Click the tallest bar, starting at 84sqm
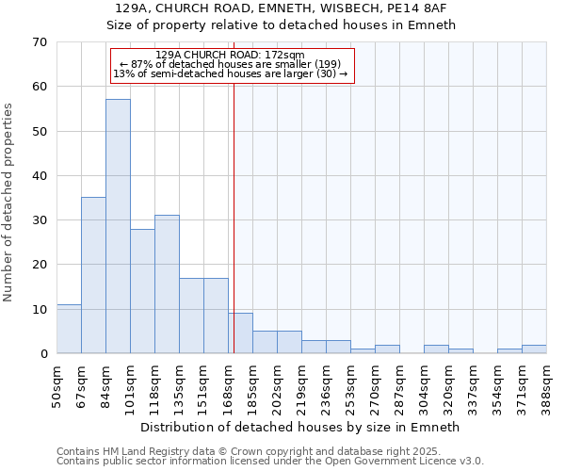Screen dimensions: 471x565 click(x=118, y=226)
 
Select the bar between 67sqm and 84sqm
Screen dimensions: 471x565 click(x=93, y=275)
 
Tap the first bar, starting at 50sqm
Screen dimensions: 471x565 click(x=69, y=329)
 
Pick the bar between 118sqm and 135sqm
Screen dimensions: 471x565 click(x=167, y=284)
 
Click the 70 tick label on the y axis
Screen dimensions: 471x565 click(x=40, y=42)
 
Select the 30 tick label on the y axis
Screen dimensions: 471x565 click(x=40, y=220)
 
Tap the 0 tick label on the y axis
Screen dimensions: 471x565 click(x=43, y=354)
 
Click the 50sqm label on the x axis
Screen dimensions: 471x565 click(x=57, y=383)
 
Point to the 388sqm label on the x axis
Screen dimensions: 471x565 click(x=547, y=383)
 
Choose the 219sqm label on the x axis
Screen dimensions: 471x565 click(x=302, y=383)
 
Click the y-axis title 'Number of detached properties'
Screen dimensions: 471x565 click(x=9, y=203)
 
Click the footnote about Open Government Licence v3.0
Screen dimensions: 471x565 click(x=269, y=461)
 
